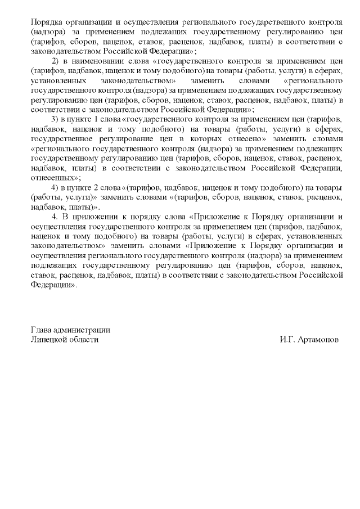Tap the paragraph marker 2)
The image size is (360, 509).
tap(55, 61)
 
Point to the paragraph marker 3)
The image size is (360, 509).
tap(55, 120)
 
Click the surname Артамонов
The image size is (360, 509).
tap(319, 340)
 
